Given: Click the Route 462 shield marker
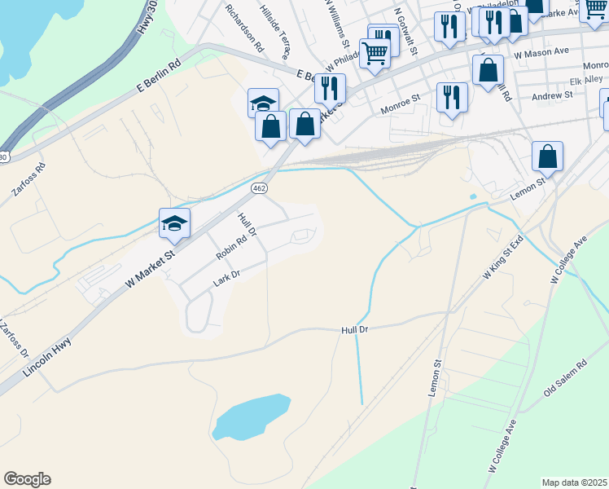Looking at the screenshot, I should (259, 188).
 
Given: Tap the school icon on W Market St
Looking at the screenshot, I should (174, 224).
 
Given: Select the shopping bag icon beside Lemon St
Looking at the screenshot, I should (548, 156).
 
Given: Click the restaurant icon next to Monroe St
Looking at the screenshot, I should (450, 98).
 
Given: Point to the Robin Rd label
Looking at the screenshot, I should (230, 248).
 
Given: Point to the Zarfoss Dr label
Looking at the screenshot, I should (15, 341).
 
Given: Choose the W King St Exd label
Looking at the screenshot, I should (505, 259).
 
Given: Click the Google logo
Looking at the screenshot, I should (27, 479).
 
